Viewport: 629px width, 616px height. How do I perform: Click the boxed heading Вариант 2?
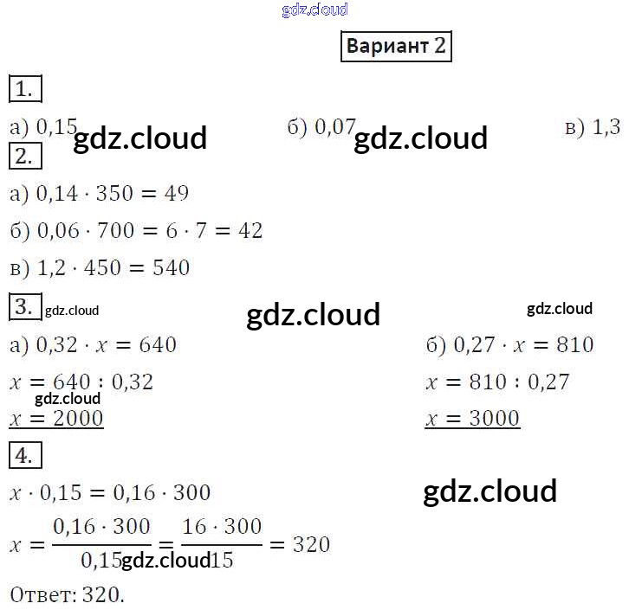pyautogui.click(x=396, y=46)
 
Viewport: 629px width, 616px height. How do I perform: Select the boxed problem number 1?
pyautogui.click(x=24, y=89)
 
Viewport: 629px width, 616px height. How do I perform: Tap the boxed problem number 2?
pyautogui.click(x=24, y=157)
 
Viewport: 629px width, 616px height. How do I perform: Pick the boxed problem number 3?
pyautogui.click(x=24, y=307)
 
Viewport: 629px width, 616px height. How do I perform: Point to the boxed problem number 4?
pyautogui.click(x=24, y=455)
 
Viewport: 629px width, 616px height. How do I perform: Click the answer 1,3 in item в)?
pyautogui.click(x=606, y=127)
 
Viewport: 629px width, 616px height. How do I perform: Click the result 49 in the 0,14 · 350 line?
pyautogui.click(x=176, y=193)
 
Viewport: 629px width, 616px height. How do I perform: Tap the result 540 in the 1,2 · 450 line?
pyautogui.click(x=170, y=267)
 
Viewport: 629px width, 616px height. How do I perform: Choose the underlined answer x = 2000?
pyautogui.click(x=56, y=419)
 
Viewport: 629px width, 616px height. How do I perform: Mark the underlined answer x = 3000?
pyautogui.click(x=472, y=419)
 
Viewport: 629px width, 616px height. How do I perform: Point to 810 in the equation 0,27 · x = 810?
pyautogui.click(x=574, y=345)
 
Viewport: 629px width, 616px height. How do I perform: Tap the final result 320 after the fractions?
pyautogui.click(x=312, y=544)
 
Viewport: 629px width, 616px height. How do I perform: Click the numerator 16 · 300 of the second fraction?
pyautogui.click(x=223, y=527)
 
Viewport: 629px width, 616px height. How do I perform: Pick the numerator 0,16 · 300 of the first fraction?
pyautogui.click(x=101, y=527)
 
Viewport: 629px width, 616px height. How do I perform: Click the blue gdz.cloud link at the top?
pyautogui.click(x=314, y=10)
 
